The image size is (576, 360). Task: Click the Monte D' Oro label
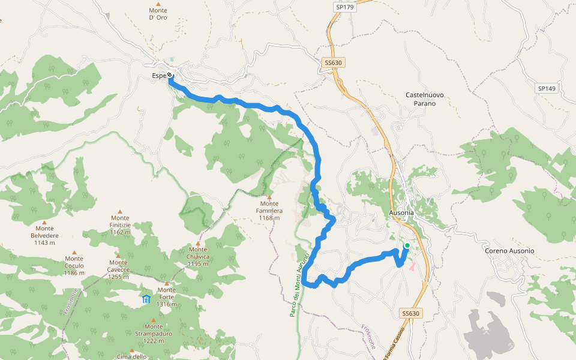click(158, 14)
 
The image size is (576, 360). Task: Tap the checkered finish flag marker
click(170, 75)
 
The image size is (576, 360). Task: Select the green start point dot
click(407, 245)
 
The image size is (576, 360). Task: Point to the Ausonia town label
click(401, 213)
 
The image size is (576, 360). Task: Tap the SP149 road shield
click(547, 88)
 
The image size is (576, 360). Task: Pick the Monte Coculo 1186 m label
click(74, 266)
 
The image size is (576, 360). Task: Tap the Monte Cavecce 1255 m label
click(118, 269)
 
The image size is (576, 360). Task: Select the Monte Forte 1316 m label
click(167, 297)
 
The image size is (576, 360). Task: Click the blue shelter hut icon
click(146, 298)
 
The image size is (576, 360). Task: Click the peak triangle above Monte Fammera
click(269, 197)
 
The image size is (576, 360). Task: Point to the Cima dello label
click(131, 357)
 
